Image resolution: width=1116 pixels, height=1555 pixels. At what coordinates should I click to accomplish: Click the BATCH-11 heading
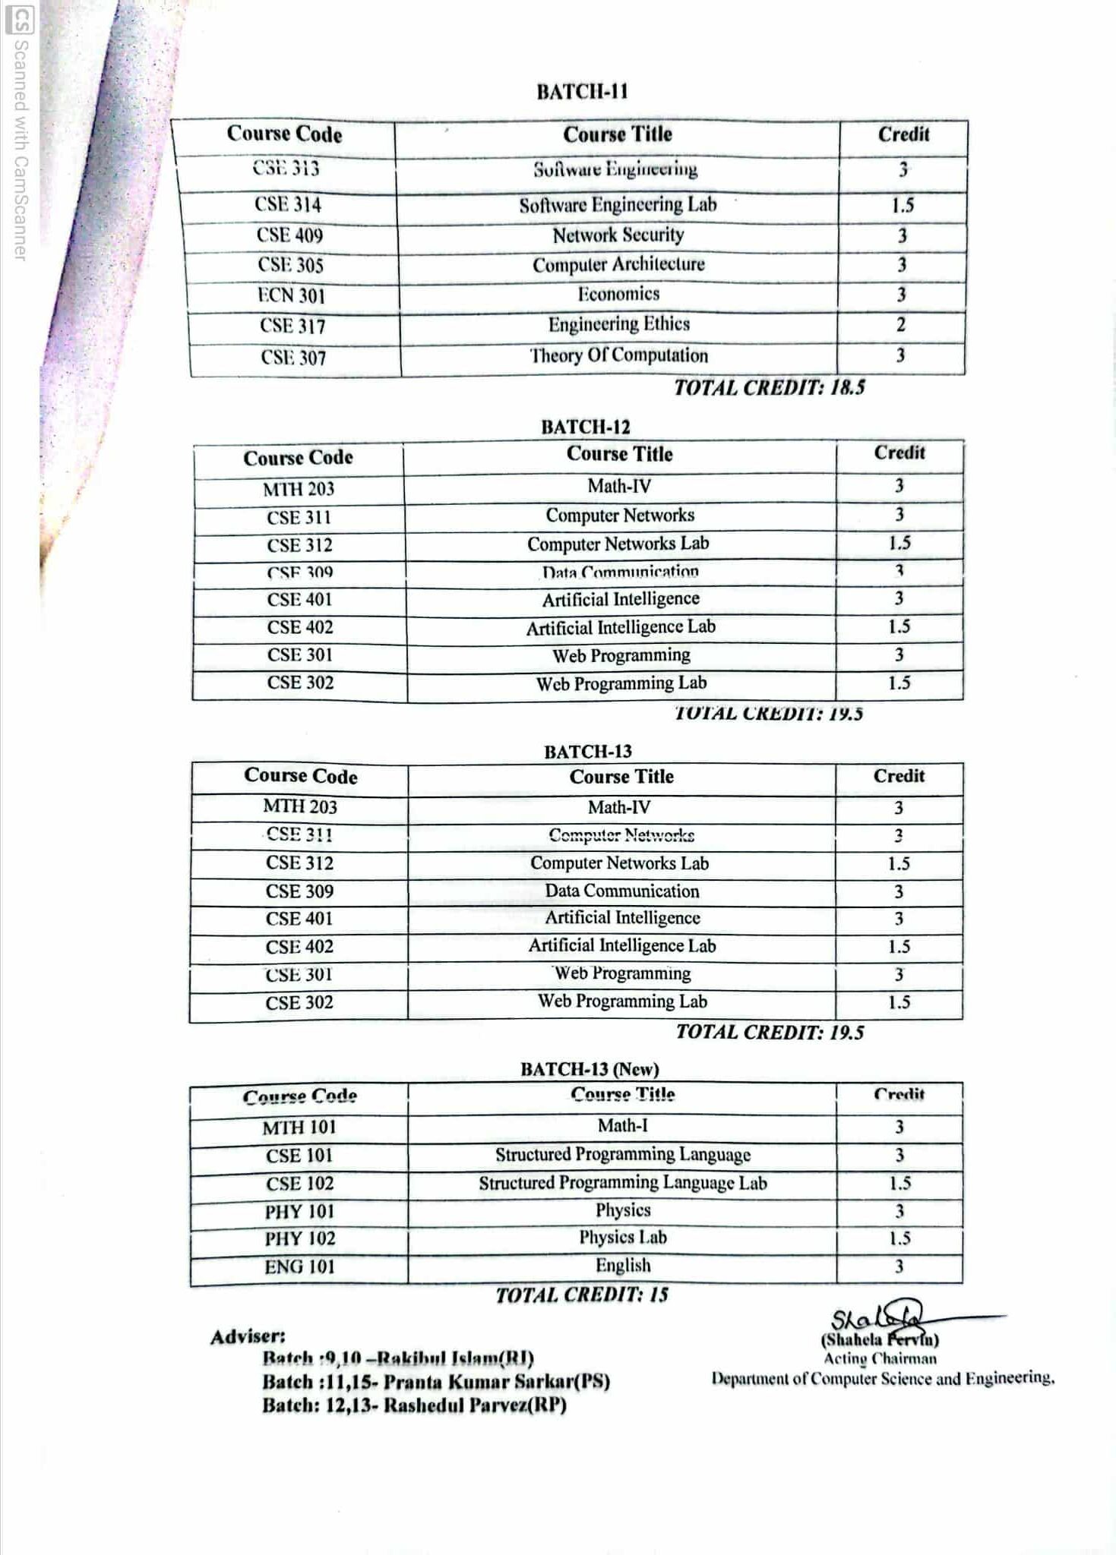click(582, 92)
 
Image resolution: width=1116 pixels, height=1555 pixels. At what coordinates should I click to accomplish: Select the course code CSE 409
click(289, 235)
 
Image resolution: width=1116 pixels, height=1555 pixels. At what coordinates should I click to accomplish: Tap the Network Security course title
click(618, 235)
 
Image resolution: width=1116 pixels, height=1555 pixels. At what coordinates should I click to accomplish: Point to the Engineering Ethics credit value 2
click(900, 325)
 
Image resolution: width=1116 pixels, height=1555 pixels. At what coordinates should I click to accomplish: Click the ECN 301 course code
click(291, 295)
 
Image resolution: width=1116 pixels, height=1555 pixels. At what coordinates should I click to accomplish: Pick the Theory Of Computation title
click(618, 355)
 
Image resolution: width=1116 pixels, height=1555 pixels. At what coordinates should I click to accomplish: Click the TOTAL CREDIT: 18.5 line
click(769, 388)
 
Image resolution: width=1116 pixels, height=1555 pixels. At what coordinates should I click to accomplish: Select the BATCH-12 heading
click(585, 427)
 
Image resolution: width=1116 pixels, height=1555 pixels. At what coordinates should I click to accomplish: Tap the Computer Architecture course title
click(618, 265)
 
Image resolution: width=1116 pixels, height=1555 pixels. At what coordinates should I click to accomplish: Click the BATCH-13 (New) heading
click(589, 1069)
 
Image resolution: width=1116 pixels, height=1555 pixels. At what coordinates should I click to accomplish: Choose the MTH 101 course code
click(299, 1128)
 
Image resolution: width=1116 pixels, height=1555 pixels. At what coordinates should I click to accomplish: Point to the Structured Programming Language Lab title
click(622, 1183)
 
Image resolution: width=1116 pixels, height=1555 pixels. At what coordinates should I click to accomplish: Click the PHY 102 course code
click(299, 1238)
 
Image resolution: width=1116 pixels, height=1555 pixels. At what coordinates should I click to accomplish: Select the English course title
click(622, 1265)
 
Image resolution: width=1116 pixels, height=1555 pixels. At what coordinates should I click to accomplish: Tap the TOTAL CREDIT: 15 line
click(581, 1295)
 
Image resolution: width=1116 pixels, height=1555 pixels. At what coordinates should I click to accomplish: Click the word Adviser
click(248, 1336)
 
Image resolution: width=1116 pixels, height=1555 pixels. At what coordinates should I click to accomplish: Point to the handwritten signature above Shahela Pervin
click(881, 1317)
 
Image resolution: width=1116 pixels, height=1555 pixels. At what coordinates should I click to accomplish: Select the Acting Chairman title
click(880, 1359)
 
